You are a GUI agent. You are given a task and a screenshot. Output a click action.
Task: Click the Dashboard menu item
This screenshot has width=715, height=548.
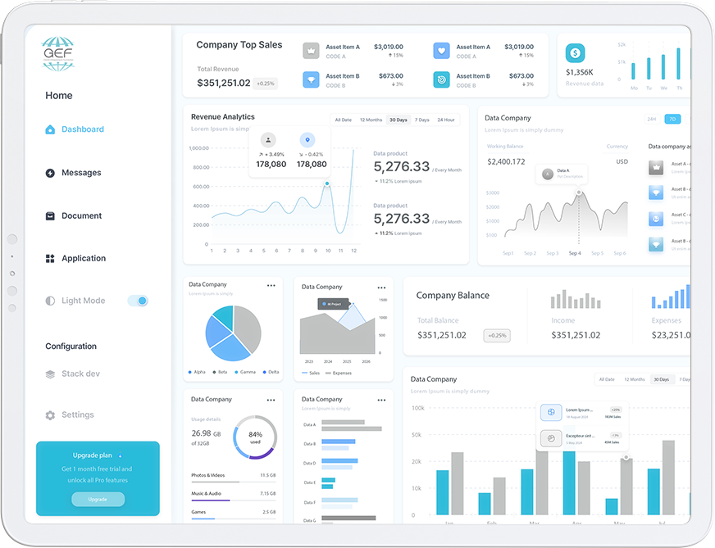[82, 129]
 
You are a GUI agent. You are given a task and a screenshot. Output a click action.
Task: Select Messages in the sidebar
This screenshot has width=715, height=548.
[80, 173]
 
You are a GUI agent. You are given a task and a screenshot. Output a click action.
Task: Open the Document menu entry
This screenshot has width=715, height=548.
[81, 216]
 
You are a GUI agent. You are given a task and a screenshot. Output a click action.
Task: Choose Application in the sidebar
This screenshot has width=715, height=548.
[83, 259]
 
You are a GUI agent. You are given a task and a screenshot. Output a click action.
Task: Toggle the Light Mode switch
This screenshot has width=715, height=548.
[138, 301]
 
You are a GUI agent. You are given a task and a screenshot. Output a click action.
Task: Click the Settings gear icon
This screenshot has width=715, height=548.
[50, 415]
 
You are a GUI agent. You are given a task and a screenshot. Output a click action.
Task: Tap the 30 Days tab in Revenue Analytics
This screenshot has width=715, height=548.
[398, 120]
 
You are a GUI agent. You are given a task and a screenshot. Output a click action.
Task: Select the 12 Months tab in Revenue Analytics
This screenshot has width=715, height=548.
[371, 120]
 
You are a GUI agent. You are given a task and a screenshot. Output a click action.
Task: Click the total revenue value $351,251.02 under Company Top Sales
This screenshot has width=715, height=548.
[224, 83]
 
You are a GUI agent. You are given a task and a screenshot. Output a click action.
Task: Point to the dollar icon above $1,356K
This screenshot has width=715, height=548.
[575, 53]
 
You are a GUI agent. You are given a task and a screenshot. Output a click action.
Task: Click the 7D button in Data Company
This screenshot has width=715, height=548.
[672, 120]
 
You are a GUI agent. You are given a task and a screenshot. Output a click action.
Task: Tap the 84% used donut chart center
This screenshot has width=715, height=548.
[255, 437]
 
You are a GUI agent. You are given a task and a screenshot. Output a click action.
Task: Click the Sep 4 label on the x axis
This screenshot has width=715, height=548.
[575, 254]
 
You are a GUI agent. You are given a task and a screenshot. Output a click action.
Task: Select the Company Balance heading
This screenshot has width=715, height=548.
[453, 296]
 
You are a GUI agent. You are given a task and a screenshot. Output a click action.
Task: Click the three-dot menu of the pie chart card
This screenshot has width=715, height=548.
[271, 286]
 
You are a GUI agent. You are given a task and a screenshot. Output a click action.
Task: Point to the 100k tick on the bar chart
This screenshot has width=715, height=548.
[417, 408]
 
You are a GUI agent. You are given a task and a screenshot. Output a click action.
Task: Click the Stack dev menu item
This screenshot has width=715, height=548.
[80, 374]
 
